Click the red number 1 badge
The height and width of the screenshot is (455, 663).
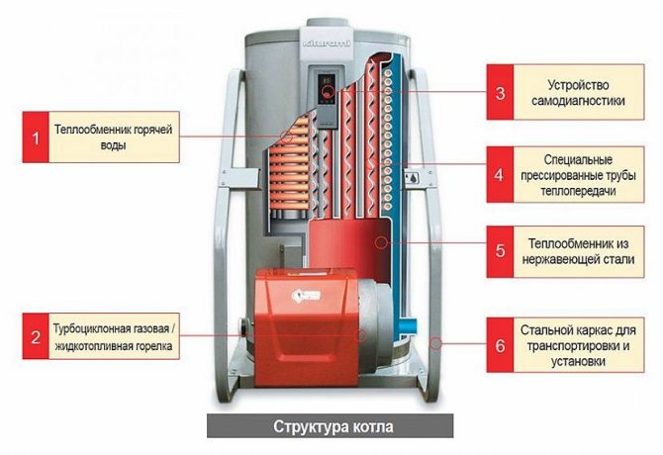coord(37,136)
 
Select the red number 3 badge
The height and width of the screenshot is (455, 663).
coord(500,94)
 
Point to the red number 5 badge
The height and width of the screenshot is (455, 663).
coord(500,250)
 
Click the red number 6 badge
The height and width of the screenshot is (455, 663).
coord(500,346)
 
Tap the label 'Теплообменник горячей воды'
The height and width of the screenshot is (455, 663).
coord(115,136)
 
